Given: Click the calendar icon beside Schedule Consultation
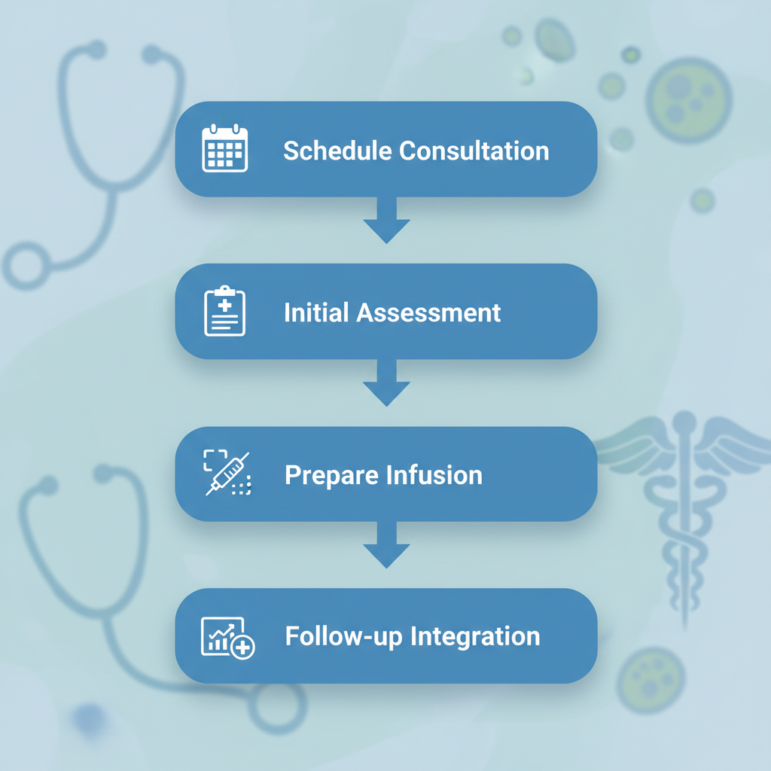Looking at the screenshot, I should point(224,149).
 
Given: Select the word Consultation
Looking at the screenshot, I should point(474,151).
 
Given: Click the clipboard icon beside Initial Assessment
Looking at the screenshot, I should point(225,311).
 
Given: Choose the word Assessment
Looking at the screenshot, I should point(428,312).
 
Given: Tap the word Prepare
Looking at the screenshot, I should point(331,475).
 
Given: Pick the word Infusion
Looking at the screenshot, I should point(434,475).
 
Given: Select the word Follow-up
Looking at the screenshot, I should point(344,636).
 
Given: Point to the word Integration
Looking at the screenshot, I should point(476,636).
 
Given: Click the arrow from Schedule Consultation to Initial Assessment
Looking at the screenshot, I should point(386,221).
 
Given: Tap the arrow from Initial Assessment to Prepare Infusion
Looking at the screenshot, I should point(386,383).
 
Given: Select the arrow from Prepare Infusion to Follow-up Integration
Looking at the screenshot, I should point(386,546).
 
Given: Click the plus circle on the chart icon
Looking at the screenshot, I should point(243,647).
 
